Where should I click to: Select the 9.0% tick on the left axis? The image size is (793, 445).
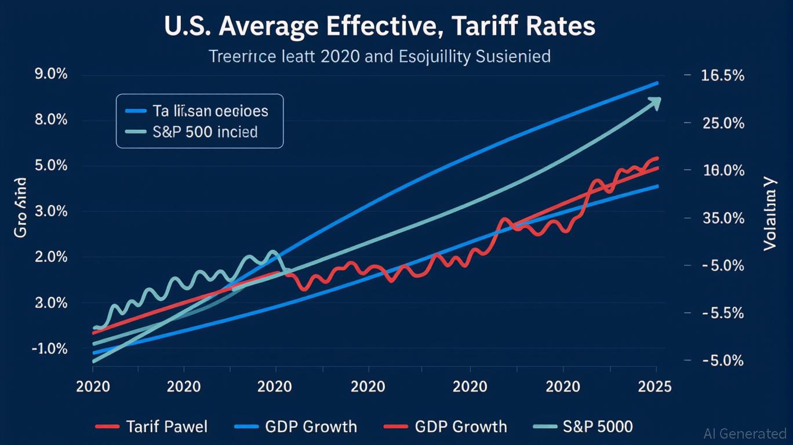click(34, 75)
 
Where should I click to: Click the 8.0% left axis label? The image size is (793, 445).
click(34, 121)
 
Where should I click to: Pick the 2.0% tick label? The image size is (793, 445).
click(34, 257)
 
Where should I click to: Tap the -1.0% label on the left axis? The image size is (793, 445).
click(34, 349)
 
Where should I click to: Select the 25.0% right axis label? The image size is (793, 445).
click(723, 123)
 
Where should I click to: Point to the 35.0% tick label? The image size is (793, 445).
click(723, 218)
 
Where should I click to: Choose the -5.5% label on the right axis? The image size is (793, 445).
click(723, 313)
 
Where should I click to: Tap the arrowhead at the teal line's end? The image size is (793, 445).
click(656, 103)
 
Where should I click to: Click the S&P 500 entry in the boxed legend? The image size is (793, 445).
click(205, 132)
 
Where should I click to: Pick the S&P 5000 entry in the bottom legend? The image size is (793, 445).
click(597, 427)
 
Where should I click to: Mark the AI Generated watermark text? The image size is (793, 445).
click(744, 433)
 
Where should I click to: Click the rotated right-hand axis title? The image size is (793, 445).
click(770, 214)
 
